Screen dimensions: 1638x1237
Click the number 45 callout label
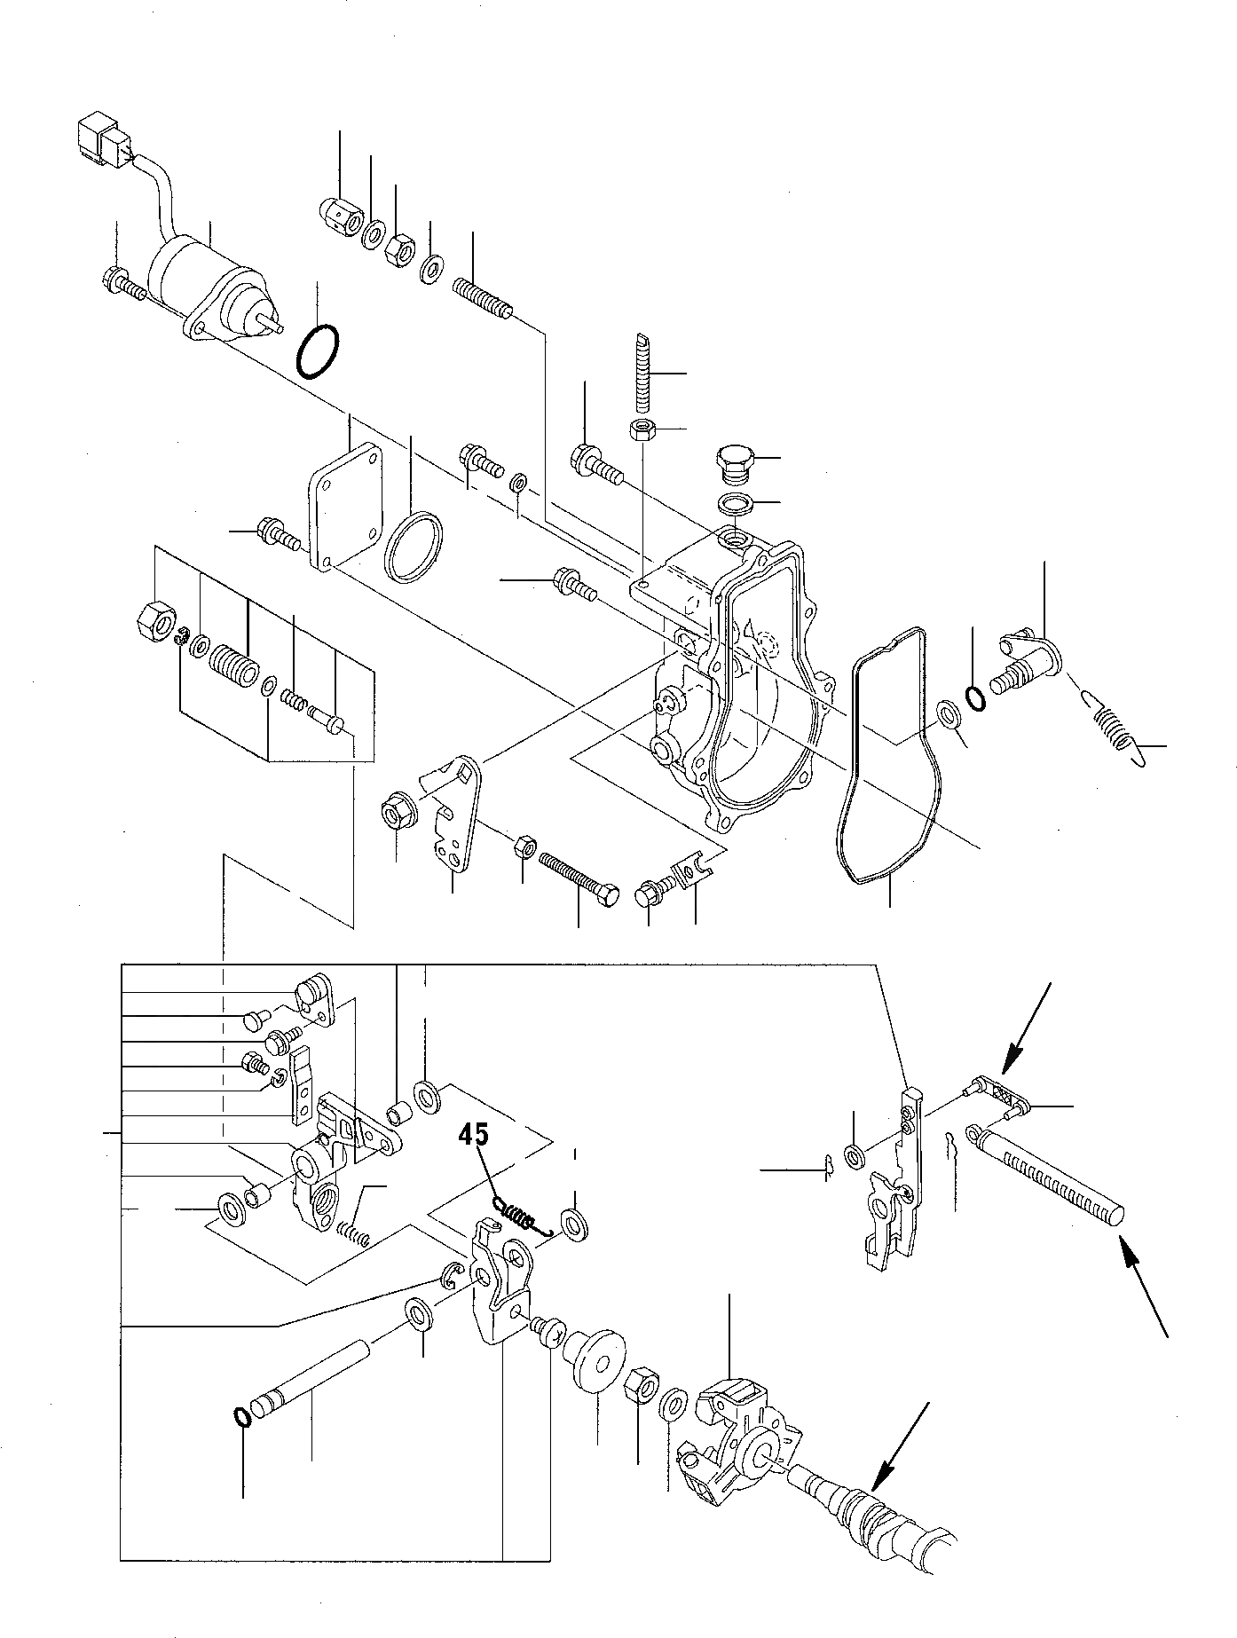[474, 1135]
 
